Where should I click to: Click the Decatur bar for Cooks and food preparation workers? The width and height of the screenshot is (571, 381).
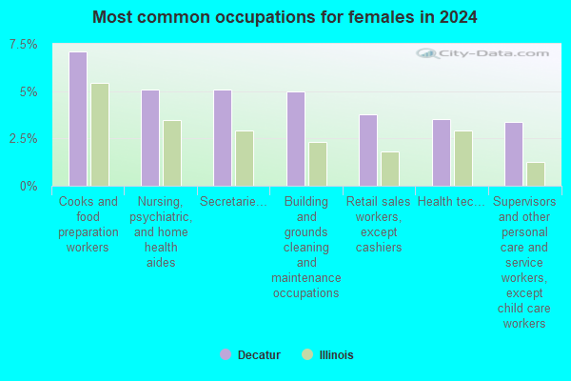click(78, 119)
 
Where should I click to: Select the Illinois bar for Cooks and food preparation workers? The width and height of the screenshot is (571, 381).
click(100, 134)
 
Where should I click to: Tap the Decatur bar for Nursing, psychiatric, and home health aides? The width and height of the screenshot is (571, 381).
click(150, 138)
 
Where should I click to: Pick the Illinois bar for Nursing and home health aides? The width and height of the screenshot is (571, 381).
click(172, 152)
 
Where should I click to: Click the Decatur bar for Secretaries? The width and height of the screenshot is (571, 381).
click(223, 138)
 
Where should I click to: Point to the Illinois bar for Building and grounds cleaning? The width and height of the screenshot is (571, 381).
click(318, 164)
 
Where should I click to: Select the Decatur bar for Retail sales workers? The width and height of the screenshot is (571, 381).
click(368, 150)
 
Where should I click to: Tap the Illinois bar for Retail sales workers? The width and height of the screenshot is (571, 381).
click(390, 169)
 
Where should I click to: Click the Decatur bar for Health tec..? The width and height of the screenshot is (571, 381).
click(441, 152)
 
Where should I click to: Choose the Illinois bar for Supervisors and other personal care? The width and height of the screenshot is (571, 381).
click(536, 174)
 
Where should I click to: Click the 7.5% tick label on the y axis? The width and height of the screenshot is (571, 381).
click(24, 45)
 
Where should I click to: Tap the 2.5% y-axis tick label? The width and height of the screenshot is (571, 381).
click(24, 139)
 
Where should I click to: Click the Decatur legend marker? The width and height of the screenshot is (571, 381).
click(226, 354)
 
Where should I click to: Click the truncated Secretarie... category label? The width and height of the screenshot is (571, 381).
click(234, 202)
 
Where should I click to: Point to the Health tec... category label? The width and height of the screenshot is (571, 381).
click(452, 202)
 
